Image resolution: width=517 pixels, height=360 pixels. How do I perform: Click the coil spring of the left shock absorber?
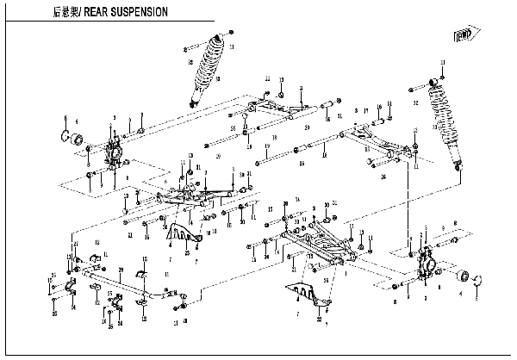coord(207,66)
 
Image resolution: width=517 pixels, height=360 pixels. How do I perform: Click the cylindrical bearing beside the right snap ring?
coord(464,277)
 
